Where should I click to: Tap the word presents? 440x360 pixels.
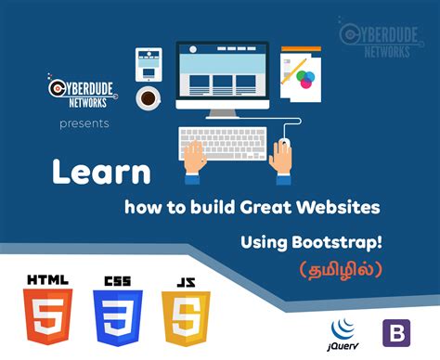(84, 122)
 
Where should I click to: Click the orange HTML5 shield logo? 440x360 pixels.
(46, 315)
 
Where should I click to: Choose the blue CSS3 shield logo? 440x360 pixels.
(117, 315)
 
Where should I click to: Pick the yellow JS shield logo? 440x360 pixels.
(186, 315)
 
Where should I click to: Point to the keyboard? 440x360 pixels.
(226, 143)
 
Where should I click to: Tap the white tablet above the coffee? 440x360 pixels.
(148, 62)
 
